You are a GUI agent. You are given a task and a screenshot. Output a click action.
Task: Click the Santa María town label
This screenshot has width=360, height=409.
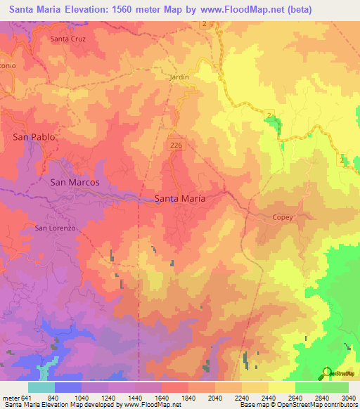[180, 199]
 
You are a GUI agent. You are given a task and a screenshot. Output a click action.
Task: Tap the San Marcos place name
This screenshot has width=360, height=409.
[75, 182]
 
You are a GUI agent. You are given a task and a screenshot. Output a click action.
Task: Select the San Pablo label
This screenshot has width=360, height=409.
[34, 137]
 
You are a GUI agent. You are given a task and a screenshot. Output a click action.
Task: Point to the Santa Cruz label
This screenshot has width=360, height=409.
[67, 39]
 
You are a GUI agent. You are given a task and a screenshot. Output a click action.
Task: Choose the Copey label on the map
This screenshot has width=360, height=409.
[283, 217]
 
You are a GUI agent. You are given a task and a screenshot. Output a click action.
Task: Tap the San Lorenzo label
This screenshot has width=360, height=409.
[55, 228]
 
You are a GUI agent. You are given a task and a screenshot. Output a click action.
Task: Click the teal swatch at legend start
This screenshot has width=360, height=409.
[41, 387]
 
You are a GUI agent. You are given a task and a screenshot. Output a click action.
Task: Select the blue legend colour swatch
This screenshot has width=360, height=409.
[68, 387]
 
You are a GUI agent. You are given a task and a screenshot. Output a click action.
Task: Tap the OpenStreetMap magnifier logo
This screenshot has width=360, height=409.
[326, 372]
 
